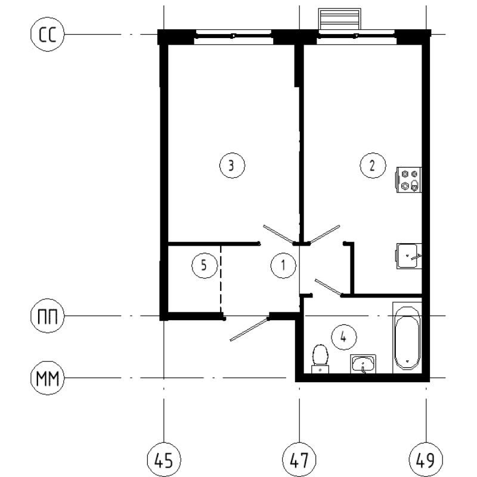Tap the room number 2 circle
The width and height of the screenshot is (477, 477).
(x=372, y=166)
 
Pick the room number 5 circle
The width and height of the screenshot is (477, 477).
(x=203, y=265)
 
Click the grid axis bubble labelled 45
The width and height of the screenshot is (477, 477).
(x=164, y=460)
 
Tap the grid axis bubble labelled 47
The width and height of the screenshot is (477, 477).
(x=299, y=460)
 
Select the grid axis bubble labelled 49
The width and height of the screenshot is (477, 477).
(x=426, y=460)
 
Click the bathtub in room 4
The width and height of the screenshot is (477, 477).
(x=407, y=337)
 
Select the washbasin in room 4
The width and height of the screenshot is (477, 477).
(x=363, y=363)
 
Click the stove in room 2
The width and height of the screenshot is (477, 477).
(x=410, y=179)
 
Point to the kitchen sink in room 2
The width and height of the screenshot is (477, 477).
(x=410, y=256)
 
